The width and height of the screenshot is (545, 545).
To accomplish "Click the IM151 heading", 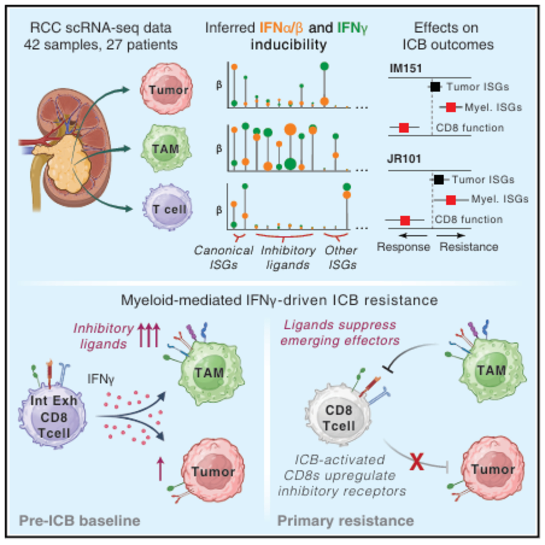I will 406,68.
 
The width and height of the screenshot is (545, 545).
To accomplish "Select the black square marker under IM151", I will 435,87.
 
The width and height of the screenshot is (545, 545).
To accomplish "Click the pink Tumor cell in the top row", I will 166,89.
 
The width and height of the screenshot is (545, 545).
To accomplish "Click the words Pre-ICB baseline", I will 80,521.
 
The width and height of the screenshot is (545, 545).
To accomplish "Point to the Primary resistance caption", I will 346,521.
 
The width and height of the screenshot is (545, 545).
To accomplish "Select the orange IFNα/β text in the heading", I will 281,28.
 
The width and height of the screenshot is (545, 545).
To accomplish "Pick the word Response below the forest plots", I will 403,247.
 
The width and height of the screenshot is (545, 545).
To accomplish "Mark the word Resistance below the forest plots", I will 469,247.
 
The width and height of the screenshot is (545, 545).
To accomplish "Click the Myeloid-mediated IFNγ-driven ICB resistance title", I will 279,300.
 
